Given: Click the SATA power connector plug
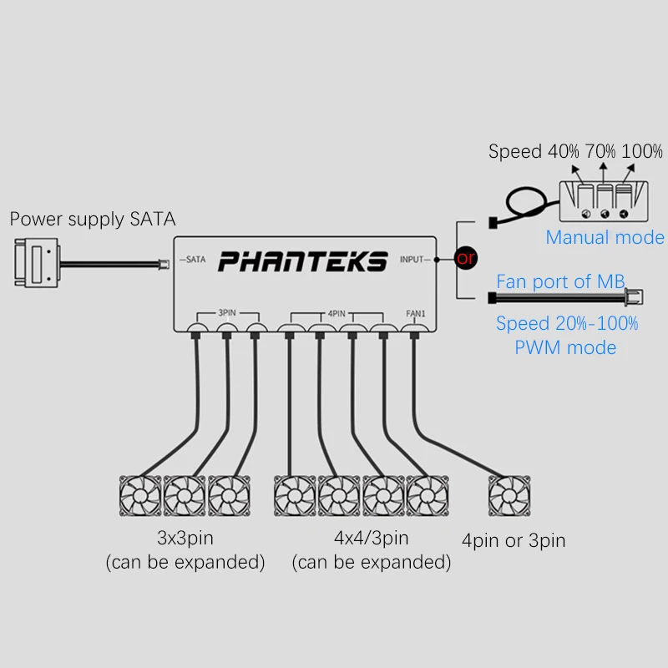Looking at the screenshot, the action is [x=37, y=262].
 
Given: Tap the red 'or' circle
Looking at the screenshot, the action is [x=466, y=258].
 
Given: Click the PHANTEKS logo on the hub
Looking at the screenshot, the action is [x=303, y=261].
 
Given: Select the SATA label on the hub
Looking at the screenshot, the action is [x=196, y=260].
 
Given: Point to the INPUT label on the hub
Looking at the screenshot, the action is [x=412, y=260].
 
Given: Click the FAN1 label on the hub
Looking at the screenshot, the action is [x=416, y=314].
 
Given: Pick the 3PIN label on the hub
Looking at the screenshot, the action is [x=227, y=312].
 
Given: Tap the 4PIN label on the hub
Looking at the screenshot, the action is [x=337, y=314].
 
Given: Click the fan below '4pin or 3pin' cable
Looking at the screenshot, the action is [x=509, y=496].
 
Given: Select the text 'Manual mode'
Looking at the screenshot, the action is [x=605, y=237].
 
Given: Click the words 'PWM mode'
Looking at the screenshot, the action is [x=565, y=347].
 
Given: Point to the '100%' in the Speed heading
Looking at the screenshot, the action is [x=642, y=151].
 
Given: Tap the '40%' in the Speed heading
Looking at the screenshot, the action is [x=563, y=151].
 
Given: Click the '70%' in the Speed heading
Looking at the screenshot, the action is [x=600, y=151].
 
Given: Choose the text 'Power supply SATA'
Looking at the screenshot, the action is [x=93, y=220].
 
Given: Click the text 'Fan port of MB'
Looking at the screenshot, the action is [x=560, y=281].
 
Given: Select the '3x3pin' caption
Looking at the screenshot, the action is [x=185, y=538].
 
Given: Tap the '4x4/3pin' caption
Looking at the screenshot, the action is [x=372, y=538].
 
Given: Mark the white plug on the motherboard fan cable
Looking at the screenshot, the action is [x=634, y=297].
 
